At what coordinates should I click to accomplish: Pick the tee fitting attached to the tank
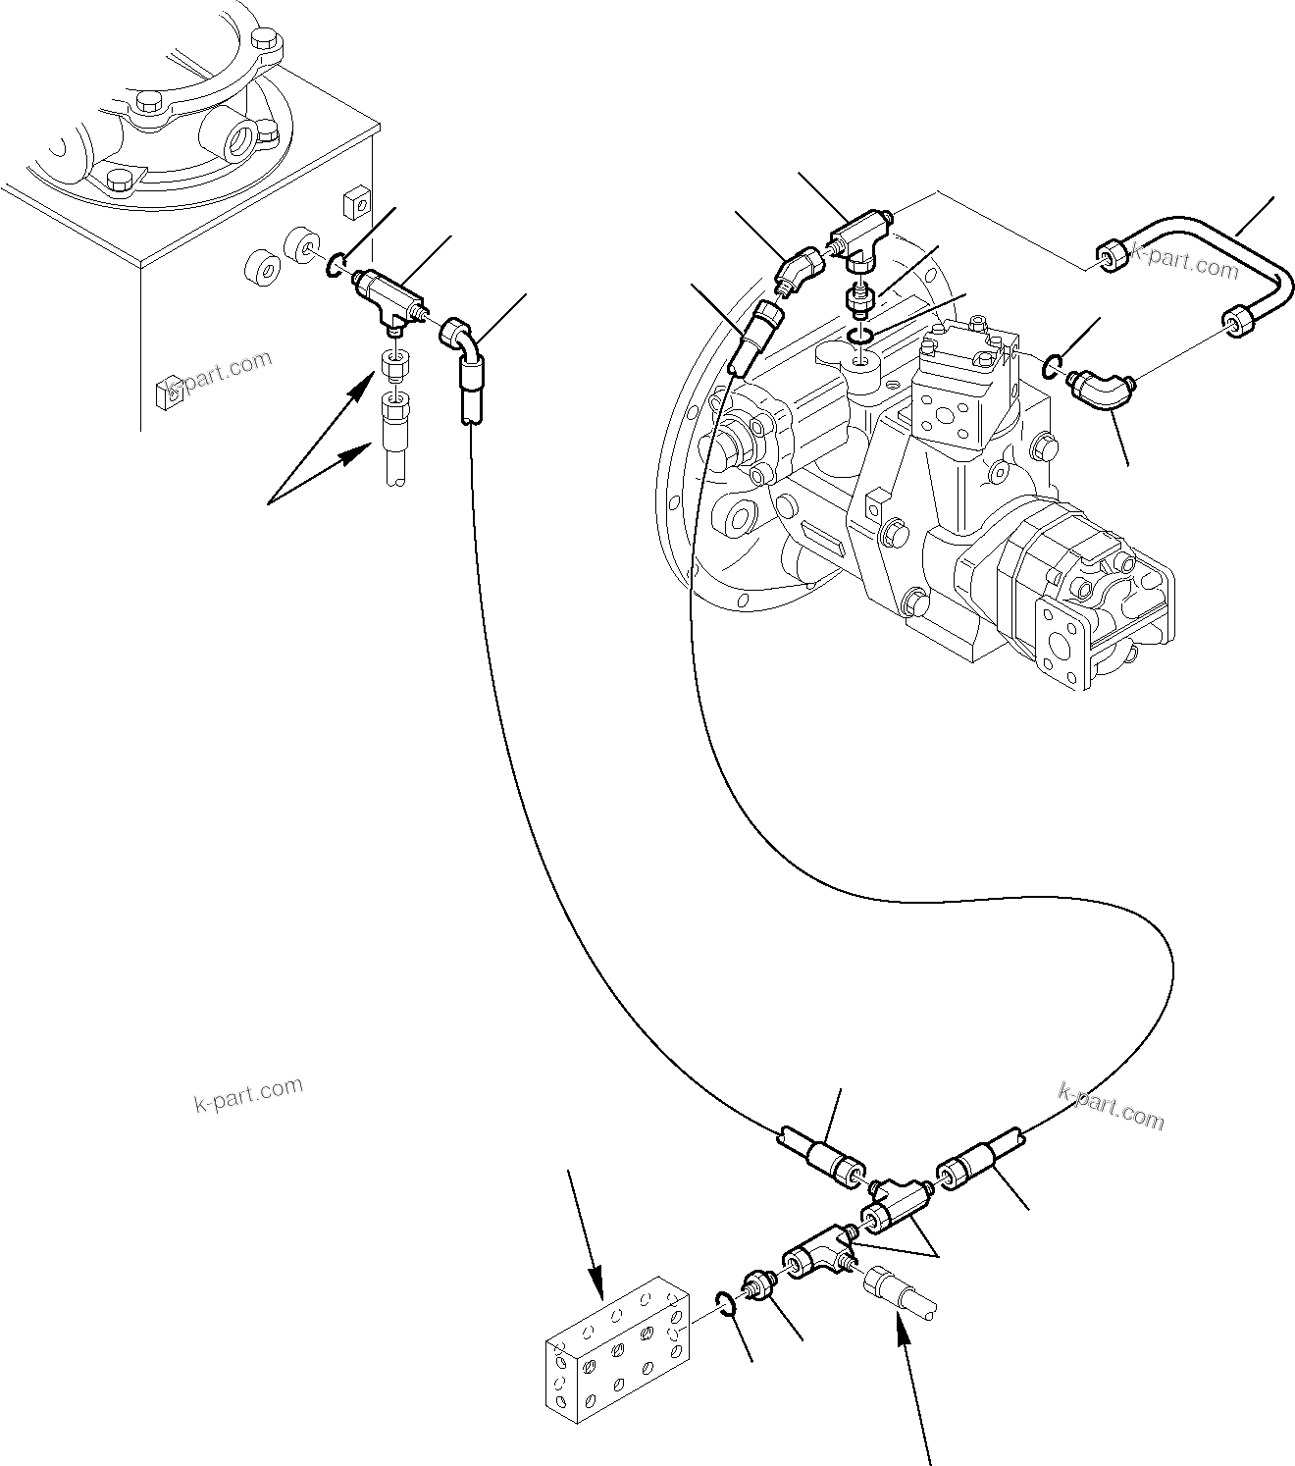[x=388, y=294]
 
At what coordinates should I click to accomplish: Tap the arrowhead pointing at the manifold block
[x=596, y=1284]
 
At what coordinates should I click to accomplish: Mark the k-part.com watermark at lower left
[x=248, y=1093]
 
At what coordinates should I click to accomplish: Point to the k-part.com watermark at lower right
[x=1111, y=1105]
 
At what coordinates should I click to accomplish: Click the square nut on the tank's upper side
[x=355, y=204]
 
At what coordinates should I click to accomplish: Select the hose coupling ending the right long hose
[x=973, y=1160]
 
